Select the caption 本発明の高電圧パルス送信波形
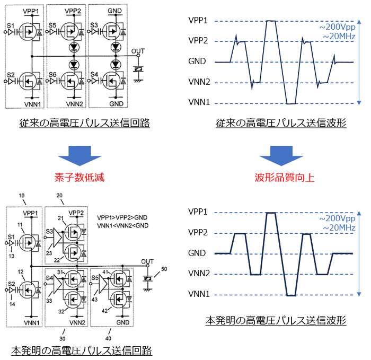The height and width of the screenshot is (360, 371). click(x=276, y=320)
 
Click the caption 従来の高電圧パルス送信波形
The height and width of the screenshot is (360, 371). click(x=281, y=124)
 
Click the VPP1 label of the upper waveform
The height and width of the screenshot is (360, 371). click(x=198, y=21)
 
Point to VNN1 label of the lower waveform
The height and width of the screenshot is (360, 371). click(x=198, y=294)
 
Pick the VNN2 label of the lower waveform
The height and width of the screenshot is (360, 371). click(x=198, y=274)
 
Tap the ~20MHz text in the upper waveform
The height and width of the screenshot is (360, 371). click(x=339, y=36)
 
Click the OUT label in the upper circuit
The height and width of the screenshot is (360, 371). click(x=138, y=51)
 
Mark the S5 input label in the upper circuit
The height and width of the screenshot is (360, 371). click(x=51, y=25)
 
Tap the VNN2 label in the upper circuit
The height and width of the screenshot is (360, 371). click(x=73, y=104)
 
